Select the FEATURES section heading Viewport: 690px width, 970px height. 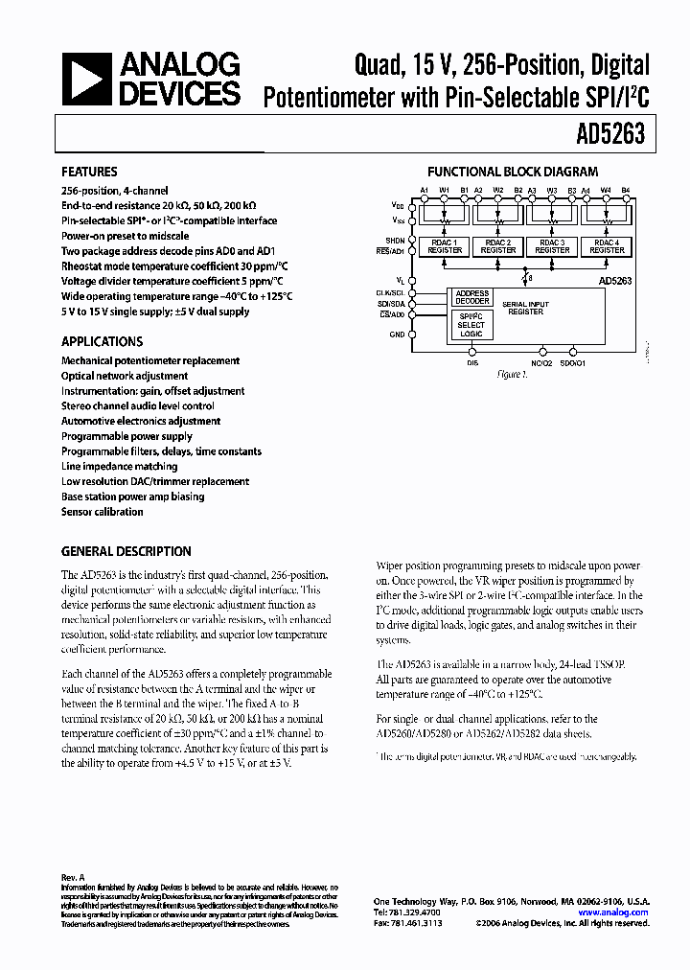(89, 173)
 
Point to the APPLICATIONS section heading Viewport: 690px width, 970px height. (102, 341)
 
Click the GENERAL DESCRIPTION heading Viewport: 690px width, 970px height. (126, 552)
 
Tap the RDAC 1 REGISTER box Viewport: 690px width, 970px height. (446, 246)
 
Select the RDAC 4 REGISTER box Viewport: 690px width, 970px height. (605, 246)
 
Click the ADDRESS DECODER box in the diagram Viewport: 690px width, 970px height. (471, 297)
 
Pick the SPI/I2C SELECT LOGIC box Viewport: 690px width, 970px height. (471, 326)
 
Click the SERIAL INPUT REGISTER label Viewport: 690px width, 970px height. (524, 307)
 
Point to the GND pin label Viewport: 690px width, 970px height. (398, 335)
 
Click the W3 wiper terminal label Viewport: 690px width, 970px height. (552, 191)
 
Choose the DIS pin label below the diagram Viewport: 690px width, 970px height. (472, 363)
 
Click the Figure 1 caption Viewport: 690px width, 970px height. (511, 375)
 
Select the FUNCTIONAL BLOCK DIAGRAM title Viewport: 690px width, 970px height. (512, 173)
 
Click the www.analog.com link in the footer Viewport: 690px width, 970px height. (619, 912)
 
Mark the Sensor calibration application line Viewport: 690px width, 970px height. (102, 513)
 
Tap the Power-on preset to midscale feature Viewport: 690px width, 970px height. (125, 236)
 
